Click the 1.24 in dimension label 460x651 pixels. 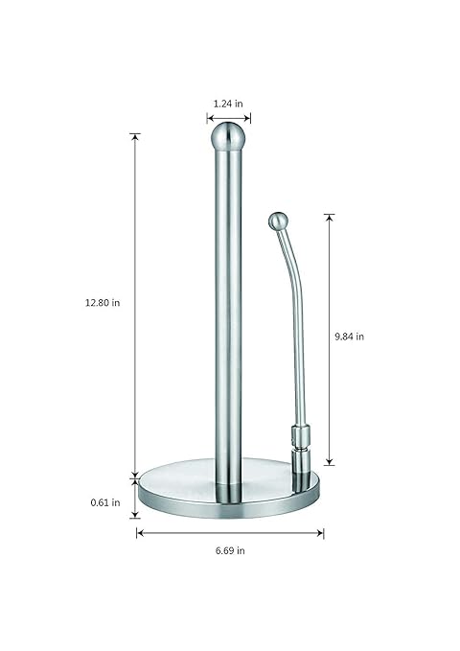(228, 104)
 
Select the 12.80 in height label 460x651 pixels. (103, 303)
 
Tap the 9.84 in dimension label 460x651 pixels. (349, 337)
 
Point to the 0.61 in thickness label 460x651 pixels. (105, 502)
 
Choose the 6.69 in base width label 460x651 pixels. (230, 551)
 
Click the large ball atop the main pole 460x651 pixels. (228, 136)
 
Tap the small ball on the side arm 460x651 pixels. (278, 221)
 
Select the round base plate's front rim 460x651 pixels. (229, 507)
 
